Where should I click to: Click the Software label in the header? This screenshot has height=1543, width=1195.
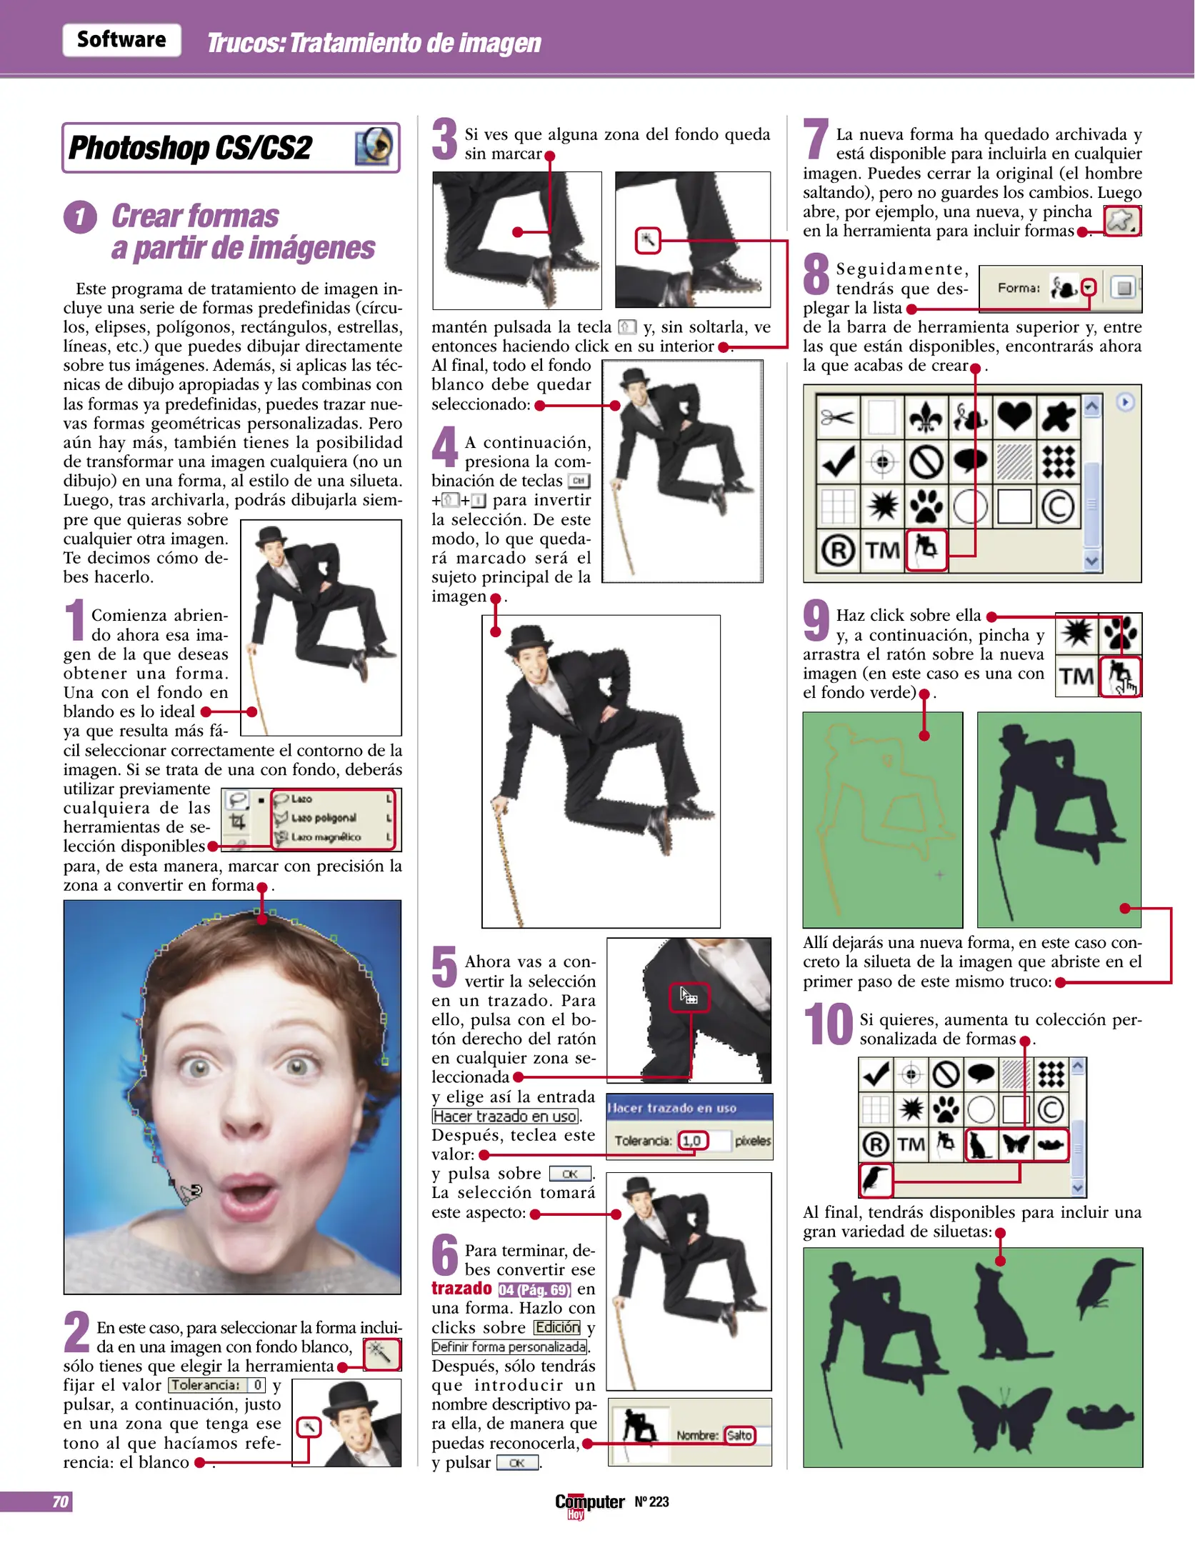coord(121,40)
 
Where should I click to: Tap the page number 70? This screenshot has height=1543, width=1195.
coord(61,1502)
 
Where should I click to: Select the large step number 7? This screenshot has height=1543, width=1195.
coord(816,139)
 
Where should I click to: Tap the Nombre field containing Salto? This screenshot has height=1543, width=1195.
coord(739,1435)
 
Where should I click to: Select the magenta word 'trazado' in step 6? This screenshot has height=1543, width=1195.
coord(461,1289)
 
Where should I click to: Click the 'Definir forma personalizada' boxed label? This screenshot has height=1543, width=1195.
coord(510,1347)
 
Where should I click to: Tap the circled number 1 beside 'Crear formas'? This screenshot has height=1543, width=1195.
coord(80,217)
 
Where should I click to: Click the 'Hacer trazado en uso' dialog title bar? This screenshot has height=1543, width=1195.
coord(689,1108)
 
